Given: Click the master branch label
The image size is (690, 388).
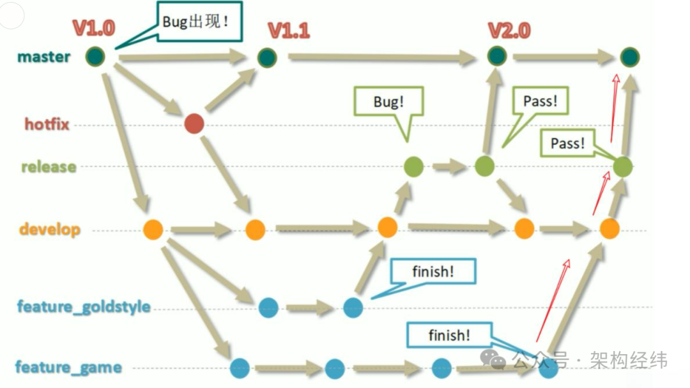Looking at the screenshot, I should [43, 57].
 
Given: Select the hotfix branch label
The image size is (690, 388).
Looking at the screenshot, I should [47, 124].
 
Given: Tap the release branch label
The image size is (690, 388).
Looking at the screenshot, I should [49, 167].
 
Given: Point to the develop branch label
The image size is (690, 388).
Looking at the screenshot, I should [50, 229].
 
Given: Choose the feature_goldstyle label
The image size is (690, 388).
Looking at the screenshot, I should [84, 307].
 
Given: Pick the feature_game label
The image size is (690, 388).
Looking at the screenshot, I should [68, 368].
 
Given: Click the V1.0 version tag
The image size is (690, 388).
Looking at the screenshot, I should [93, 29].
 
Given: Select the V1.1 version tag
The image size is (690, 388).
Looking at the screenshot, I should [289, 31].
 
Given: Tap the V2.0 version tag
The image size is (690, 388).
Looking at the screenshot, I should [509, 31].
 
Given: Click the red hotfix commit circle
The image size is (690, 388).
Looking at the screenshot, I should [194, 124].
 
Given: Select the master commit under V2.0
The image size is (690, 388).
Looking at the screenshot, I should [496, 57].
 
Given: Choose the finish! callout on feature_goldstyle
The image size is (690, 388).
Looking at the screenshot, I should [433, 271].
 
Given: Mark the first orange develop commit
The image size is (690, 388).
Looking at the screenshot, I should [153, 229].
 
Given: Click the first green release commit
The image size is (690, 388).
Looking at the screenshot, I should [413, 167].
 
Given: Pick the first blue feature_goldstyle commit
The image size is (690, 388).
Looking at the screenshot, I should [268, 308].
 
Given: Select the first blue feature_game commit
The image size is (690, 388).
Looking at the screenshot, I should [240, 368].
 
